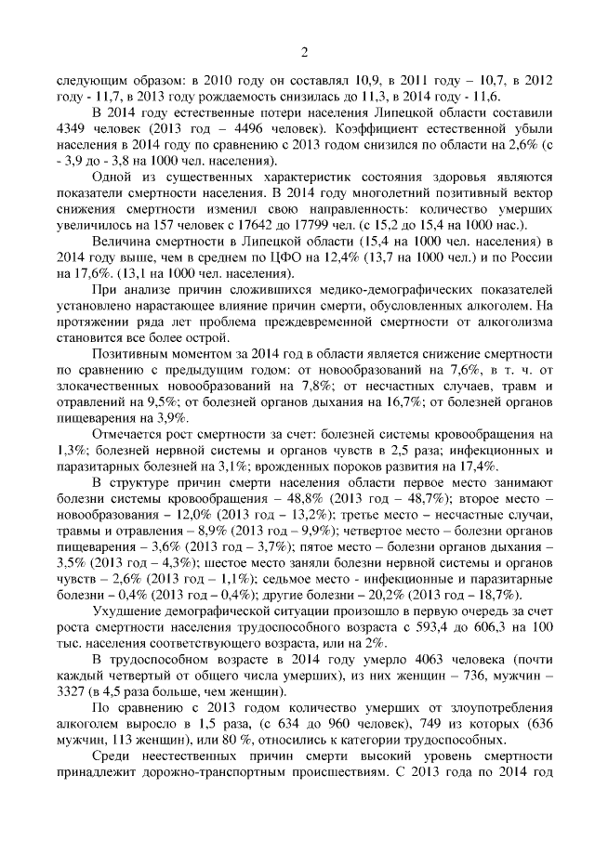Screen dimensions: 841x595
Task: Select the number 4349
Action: coord(73,127)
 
